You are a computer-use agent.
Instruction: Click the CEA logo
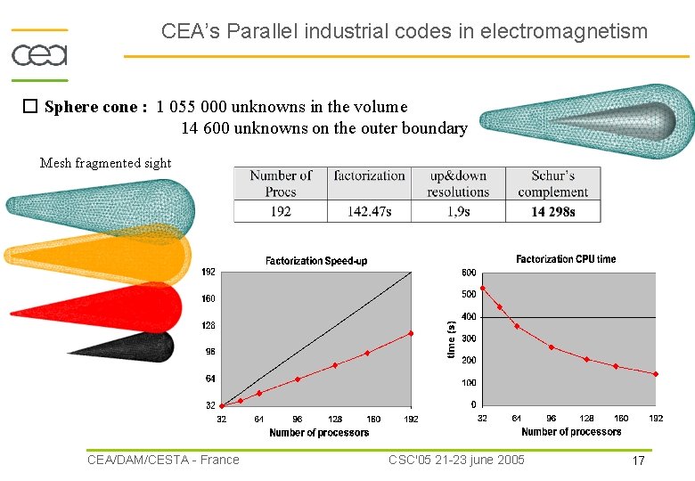[x=39, y=49]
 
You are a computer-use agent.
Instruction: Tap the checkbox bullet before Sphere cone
[x=29, y=107]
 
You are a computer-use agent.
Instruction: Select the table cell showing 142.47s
[x=369, y=211]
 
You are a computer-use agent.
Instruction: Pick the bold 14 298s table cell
[x=552, y=211]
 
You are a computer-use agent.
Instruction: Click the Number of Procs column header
[x=280, y=183]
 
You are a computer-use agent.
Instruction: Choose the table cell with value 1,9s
[x=458, y=211]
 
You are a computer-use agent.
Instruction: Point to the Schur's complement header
[x=552, y=183]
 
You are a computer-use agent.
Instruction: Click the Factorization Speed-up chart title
[x=316, y=261]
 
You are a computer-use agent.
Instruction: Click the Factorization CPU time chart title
[x=566, y=259]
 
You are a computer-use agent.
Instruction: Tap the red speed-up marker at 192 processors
[x=411, y=334]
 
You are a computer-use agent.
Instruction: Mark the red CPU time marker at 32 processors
[x=482, y=288]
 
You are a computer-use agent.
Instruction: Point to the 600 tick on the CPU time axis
[x=468, y=273]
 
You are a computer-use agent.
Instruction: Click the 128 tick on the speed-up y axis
[x=208, y=326]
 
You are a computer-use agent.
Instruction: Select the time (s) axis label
[x=451, y=339]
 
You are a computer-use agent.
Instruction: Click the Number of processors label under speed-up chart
[x=319, y=433]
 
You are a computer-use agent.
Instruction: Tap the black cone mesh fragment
[x=143, y=346]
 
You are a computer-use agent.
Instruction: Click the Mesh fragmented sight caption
[x=105, y=162]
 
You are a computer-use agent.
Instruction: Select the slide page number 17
[x=638, y=461]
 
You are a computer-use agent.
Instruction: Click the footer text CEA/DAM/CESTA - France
[x=163, y=460]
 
